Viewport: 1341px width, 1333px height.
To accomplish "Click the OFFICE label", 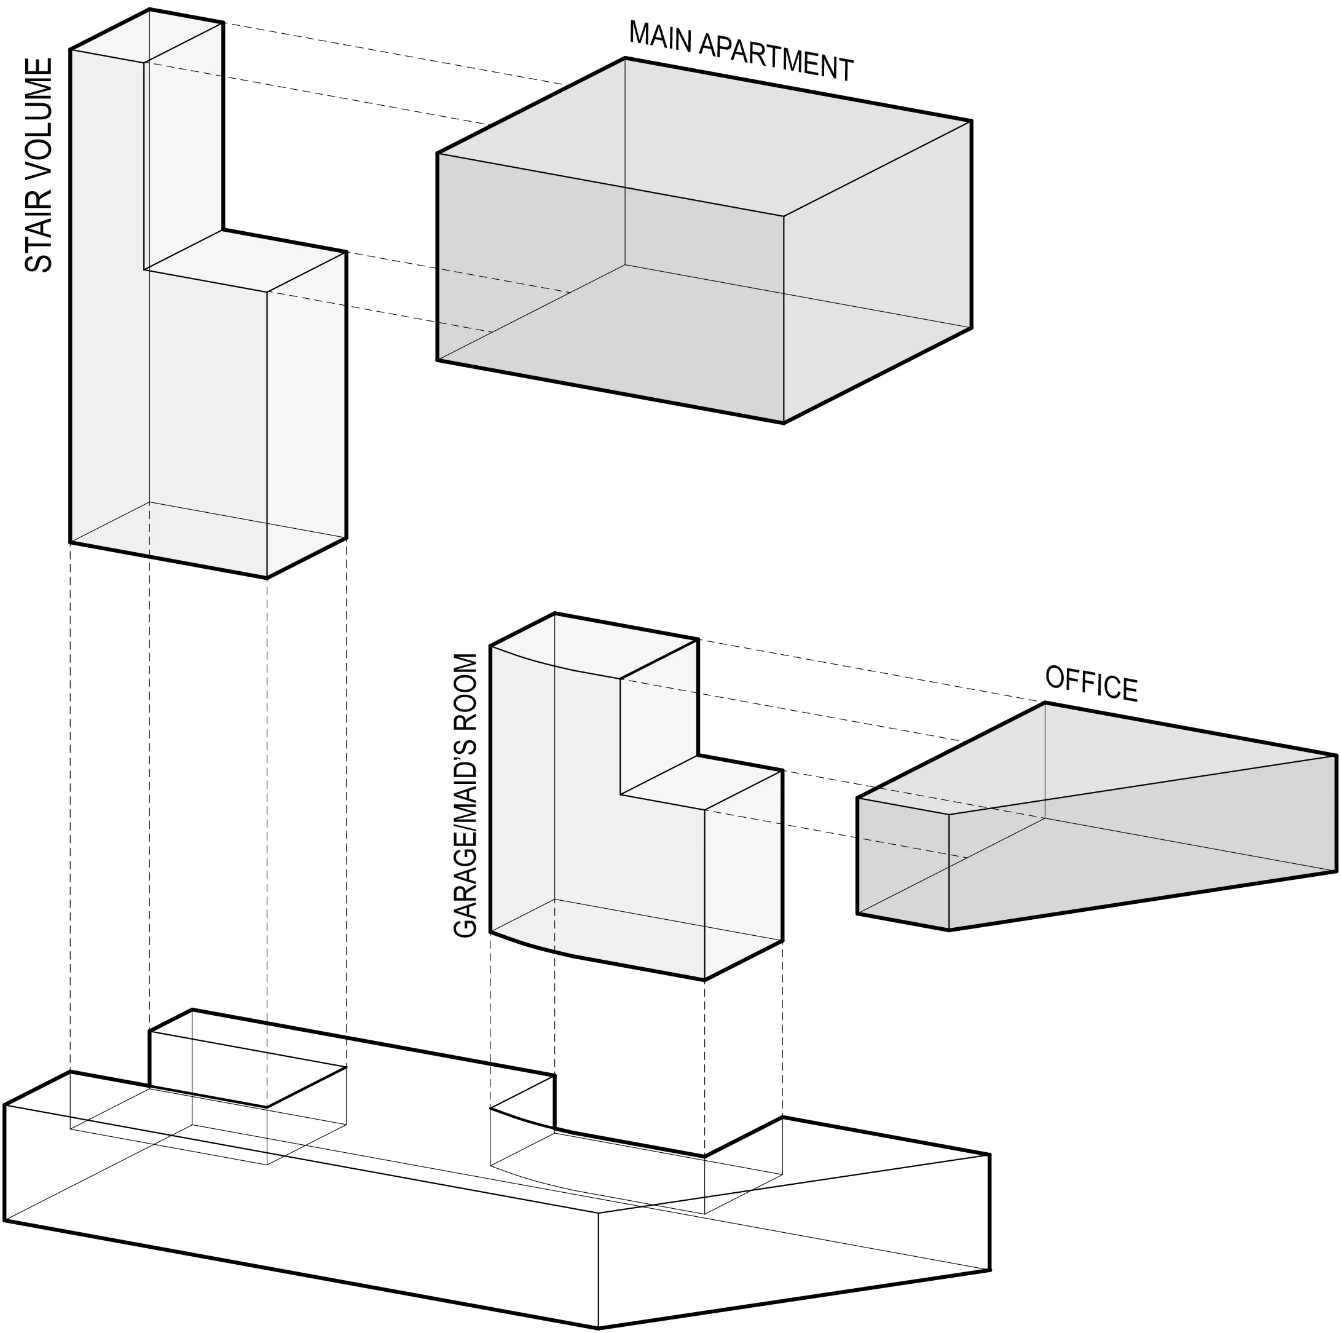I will point(1090,684).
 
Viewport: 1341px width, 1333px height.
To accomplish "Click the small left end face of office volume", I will point(903,864).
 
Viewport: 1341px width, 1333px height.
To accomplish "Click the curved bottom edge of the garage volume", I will point(535,947).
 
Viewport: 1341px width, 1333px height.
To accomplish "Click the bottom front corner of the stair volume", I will point(267,577).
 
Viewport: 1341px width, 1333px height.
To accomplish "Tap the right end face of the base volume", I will point(798,1243).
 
